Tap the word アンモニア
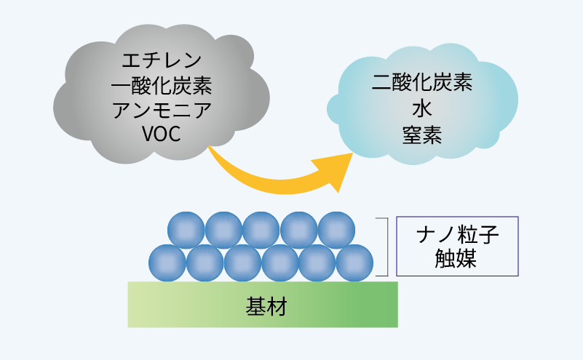[x=162, y=111]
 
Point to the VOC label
[x=162, y=136]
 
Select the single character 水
[x=422, y=110]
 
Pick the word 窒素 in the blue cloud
[x=422, y=136]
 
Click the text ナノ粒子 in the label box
[x=458, y=234]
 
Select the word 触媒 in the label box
[x=458, y=259]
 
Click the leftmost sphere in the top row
[x=186, y=229]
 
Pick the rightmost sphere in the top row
[x=336, y=229]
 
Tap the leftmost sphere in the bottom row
[x=167, y=263]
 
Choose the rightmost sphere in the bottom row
[x=354, y=263]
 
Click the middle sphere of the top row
[x=261, y=229]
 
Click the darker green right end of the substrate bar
[x=386, y=304]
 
